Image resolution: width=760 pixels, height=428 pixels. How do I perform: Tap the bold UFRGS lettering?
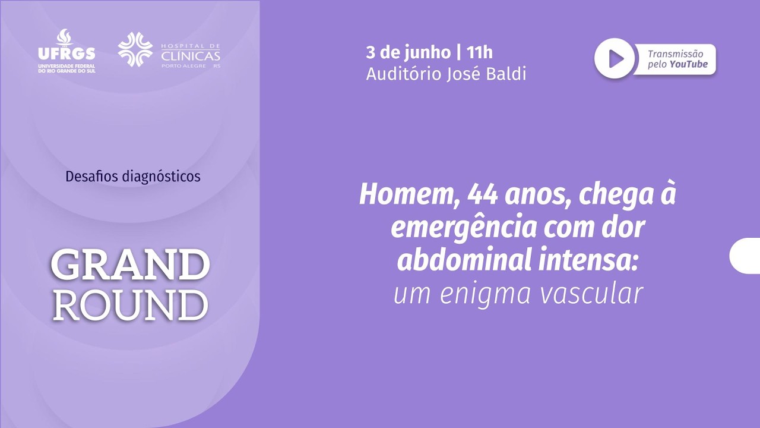tap(66, 53)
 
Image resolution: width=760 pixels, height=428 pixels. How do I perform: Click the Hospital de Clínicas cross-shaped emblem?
tap(135, 49)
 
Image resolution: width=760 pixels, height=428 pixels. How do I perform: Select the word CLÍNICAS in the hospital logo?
tap(191, 56)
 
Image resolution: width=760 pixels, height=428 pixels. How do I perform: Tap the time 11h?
tap(479, 53)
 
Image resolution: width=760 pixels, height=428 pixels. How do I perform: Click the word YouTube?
tap(689, 64)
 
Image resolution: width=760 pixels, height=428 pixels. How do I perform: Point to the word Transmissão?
tap(676, 53)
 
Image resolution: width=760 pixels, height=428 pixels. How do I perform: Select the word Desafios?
tap(91, 177)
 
